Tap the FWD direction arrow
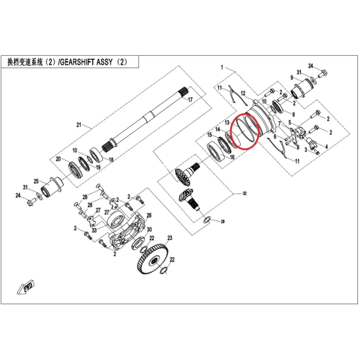(26, 287)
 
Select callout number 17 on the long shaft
(190, 100)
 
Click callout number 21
(79, 125)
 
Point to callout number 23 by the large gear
(170, 238)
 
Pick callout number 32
(245, 193)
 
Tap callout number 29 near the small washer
(223, 222)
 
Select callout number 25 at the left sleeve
(36, 182)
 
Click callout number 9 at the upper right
(292, 77)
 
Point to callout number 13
(227, 123)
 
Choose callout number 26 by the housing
(149, 215)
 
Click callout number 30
(150, 230)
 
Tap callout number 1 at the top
(222, 68)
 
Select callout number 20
(58, 159)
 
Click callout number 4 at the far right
(327, 146)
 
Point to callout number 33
(94, 230)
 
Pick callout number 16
(232, 157)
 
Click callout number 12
(243, 94)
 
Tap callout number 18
(111, 159)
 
